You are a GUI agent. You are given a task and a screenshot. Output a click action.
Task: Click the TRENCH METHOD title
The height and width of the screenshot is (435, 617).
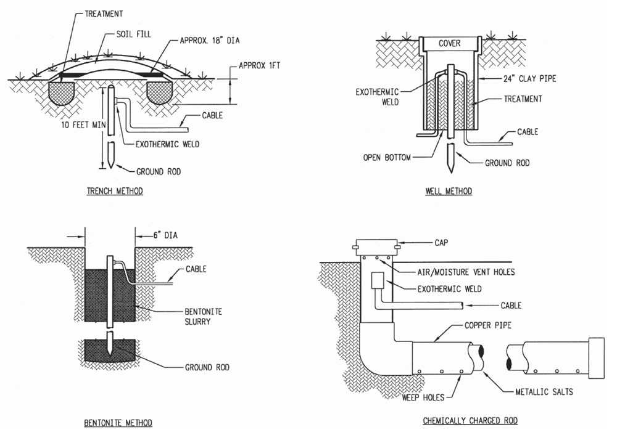coord(115,192)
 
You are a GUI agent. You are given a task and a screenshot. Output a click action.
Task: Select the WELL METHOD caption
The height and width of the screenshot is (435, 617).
coord(449,192)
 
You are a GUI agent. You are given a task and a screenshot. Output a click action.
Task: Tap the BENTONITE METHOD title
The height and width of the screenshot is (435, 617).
coord(118,423)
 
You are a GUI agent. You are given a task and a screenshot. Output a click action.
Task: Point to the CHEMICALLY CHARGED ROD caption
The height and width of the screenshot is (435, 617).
coord(470,420)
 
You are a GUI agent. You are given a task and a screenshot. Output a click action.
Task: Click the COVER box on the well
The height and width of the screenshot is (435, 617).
coord(450,44)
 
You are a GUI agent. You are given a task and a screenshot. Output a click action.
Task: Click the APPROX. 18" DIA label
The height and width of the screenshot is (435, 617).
coord(209,41)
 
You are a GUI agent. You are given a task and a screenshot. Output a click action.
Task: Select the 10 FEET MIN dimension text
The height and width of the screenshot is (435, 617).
coord(83,125)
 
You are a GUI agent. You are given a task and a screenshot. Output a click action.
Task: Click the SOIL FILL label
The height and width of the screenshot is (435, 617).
coord(133,34)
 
